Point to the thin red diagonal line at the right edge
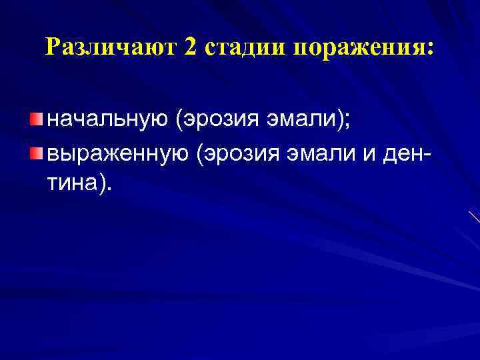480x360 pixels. point(474,216)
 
